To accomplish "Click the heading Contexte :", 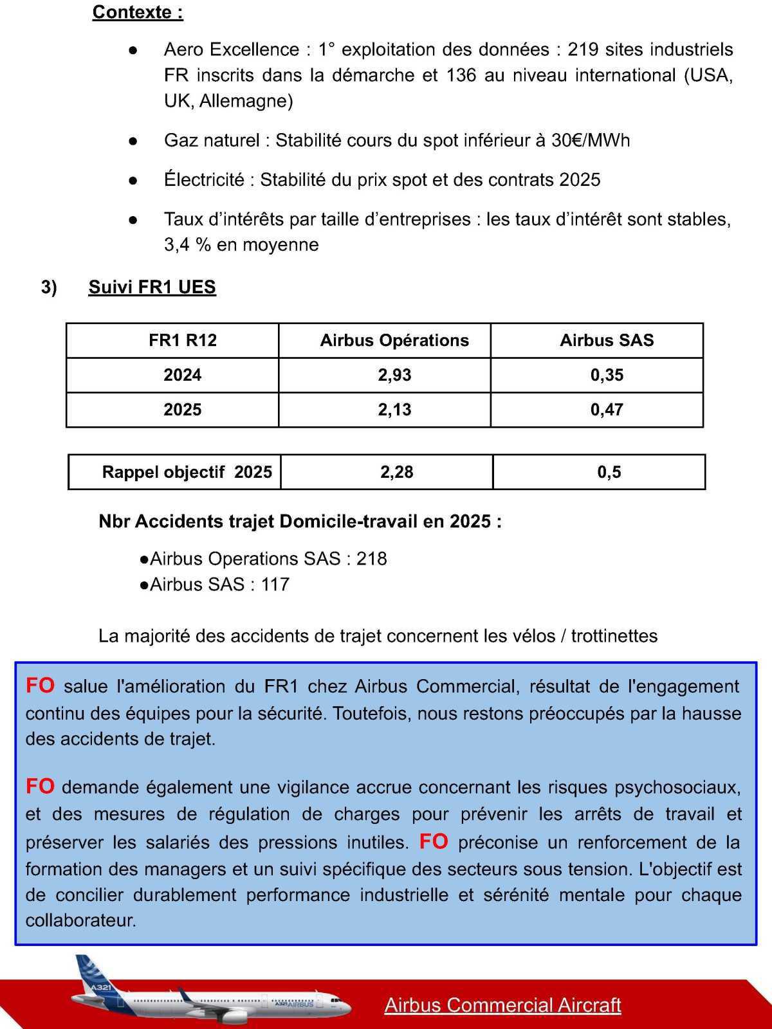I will coord(138,12).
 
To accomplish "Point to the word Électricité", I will coord(204,179).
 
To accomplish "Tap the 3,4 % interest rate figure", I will coord(188,245).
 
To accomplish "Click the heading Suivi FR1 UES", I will coord(152,287).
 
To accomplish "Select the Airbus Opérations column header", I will coord(394,340).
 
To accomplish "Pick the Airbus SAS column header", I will coord(606,340).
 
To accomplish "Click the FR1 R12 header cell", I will coord(183,340).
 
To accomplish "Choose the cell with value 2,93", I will coord(394,375).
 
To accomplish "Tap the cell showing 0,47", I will coord(606,410).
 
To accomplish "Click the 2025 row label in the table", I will coord(183,410).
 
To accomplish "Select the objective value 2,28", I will coord(396,472).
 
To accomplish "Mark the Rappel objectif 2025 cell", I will coord(187,472).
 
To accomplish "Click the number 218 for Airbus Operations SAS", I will coord(372,558).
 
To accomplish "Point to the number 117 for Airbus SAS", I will coord(275,584).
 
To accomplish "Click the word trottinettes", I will coord(614,636).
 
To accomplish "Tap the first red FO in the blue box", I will coord(40,686).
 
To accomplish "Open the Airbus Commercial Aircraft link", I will coord(502,1005).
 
